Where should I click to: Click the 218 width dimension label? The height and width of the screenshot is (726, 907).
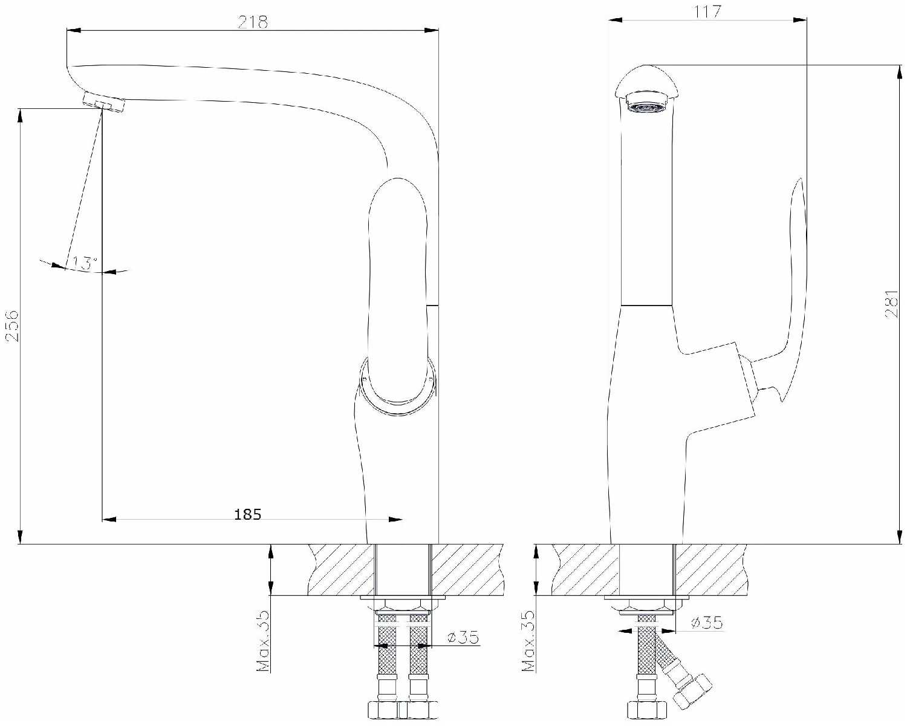[253, 22]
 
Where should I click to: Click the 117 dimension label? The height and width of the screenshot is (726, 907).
[707, 11]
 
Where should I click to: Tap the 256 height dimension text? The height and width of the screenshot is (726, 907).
[12, 325]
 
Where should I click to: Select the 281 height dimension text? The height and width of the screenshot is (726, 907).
[891, 304]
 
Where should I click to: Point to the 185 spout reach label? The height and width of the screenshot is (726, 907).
[247, 514]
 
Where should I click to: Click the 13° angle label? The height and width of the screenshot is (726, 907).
[85, 263]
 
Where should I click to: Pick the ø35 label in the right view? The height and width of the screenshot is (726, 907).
[707, 622]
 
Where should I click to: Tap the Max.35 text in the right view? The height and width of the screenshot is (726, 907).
[528, 641]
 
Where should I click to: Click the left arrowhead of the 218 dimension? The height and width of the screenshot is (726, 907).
[74, 30]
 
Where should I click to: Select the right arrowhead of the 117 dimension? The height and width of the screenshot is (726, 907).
[800, 20]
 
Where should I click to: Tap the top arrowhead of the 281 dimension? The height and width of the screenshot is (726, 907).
[901, 72]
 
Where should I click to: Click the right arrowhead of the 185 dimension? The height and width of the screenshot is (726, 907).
[395, 519]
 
